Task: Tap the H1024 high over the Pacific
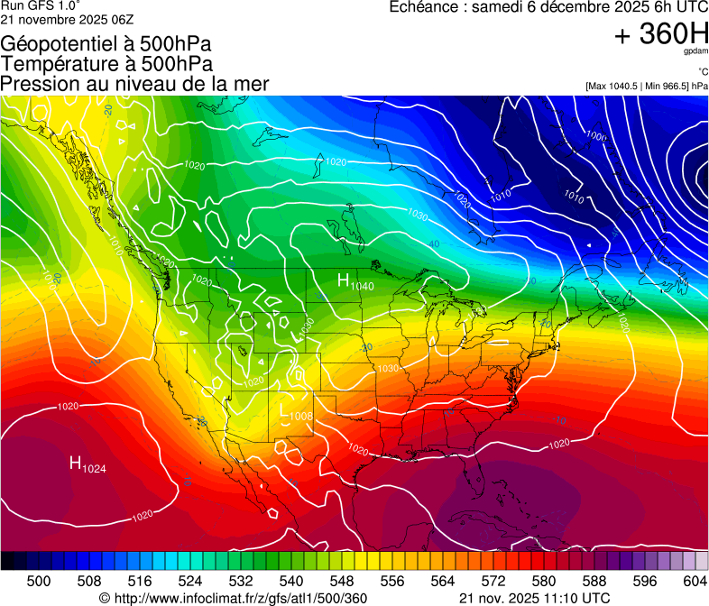click(x=88, y=464)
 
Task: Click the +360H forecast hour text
click(x=660, y=35)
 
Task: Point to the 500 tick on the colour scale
click(x=39, y=582)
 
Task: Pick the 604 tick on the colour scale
click(x=695, y=582)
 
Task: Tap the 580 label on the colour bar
click(x=544, y=582)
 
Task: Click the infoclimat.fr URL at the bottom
click(x=233, y=598)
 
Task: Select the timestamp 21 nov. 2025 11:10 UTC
click(x=534, y=598)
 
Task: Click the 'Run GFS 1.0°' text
click(x=35, y=6)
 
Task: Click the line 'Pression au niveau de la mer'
click(x=134, y=84)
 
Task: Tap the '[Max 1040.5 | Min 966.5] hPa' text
click(x=646, y=86)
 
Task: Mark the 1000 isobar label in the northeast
click(x=595, y=136)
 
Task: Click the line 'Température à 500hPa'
click(x=106, y=63)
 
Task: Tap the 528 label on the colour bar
click(x=241, y=582)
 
